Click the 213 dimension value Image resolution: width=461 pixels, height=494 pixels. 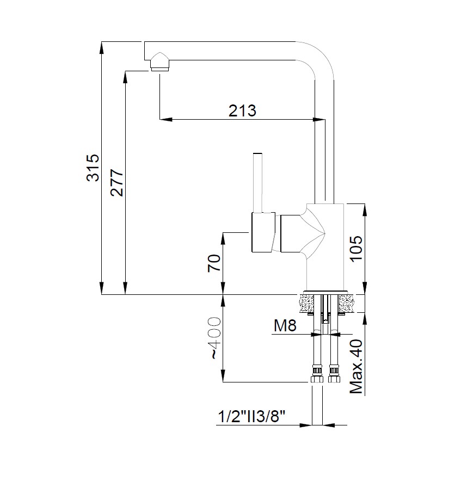coord(242,110)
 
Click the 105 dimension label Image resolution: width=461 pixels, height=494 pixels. coord(355,249)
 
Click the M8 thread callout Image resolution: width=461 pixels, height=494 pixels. coord(284,326)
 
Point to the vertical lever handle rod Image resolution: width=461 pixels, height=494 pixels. coord(259,182)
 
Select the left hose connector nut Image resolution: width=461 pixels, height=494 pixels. coord(315,376)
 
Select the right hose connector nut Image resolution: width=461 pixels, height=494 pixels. coord(333,376)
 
